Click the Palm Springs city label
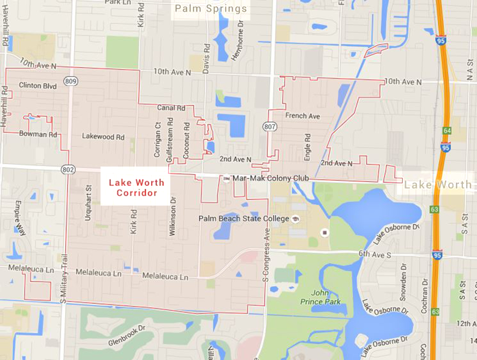211,9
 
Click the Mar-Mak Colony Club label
271,178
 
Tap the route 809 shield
71,81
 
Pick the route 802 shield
68,170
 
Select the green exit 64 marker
447,130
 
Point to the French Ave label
303,116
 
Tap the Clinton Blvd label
38,86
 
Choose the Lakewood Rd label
103,136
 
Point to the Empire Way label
19,218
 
